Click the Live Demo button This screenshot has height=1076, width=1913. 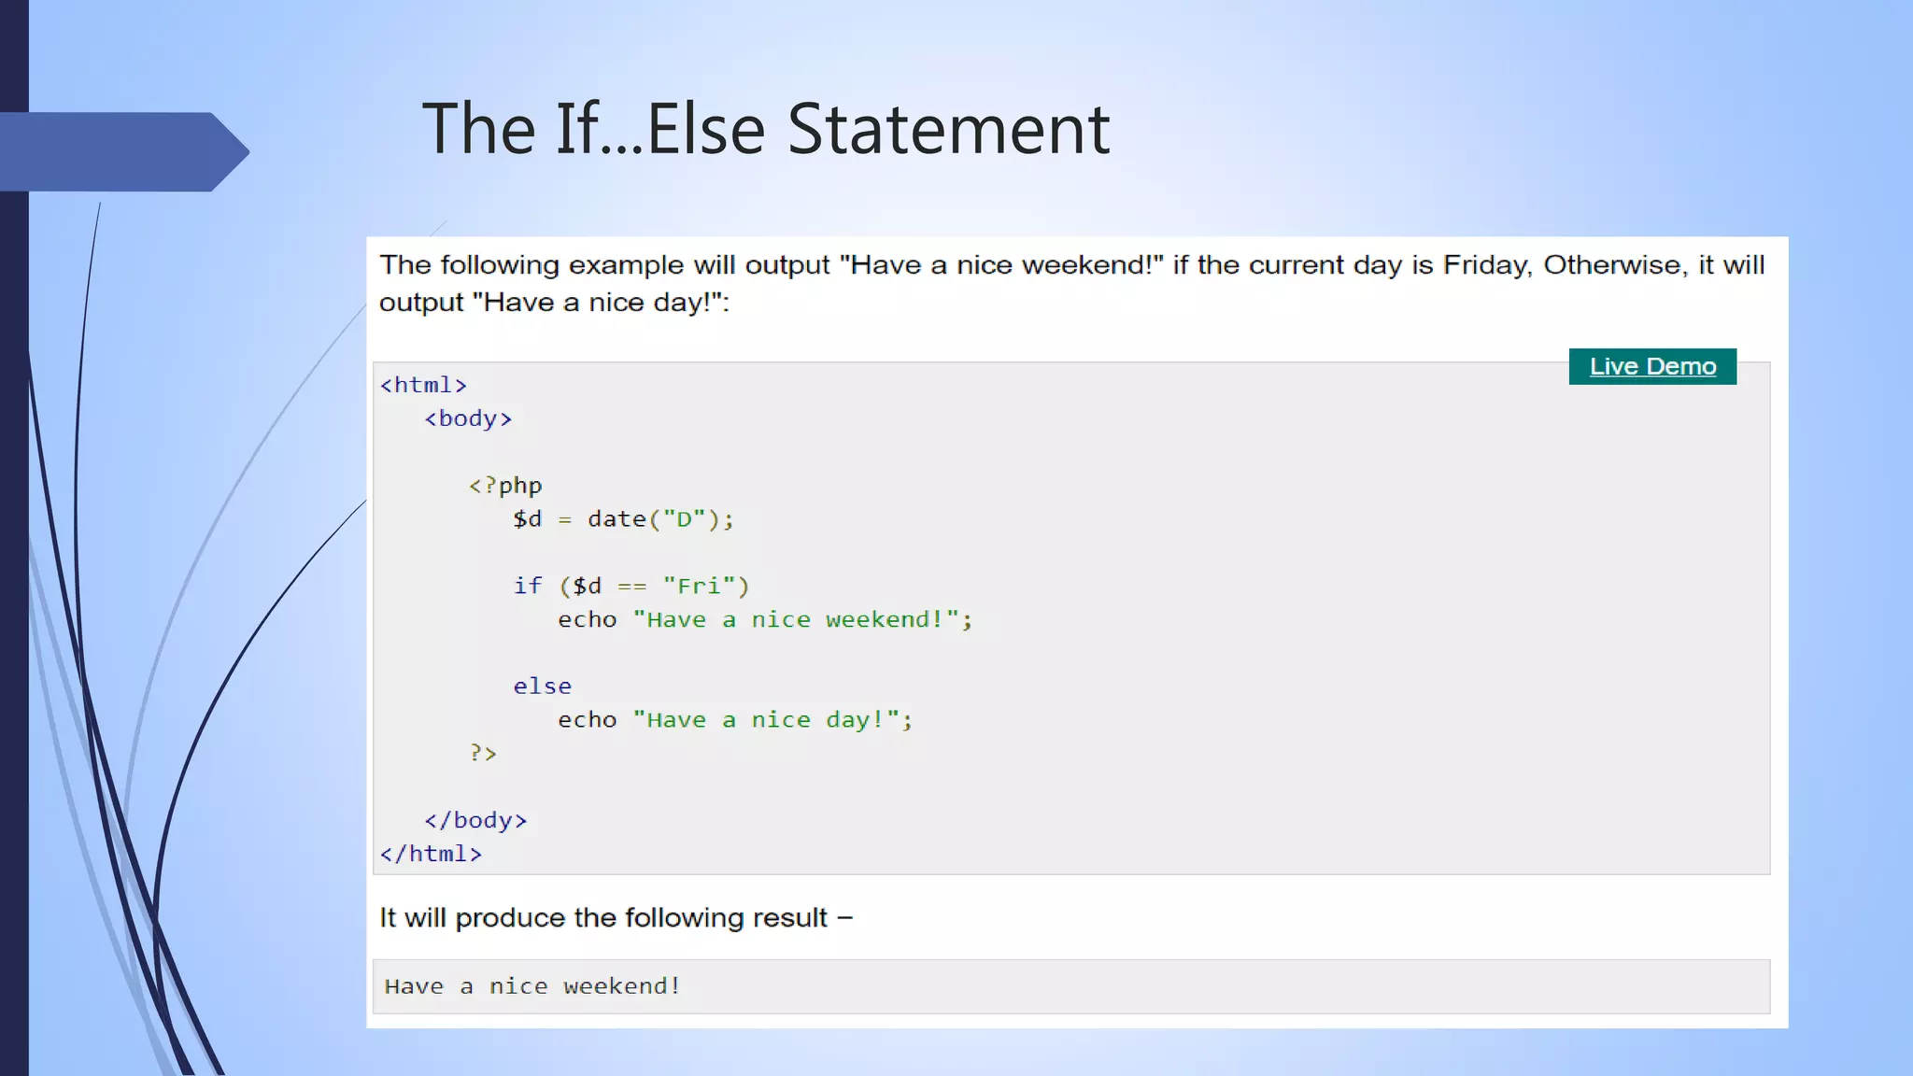pos(1652,366)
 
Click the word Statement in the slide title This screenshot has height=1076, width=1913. pos(948,129)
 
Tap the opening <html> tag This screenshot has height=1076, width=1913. pos(423,385)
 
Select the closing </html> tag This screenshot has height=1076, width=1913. pos(431,854)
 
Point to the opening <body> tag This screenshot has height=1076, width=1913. pos(468,418)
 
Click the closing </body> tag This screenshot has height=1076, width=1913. pos(475,820)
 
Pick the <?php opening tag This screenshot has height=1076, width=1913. pos(505,486)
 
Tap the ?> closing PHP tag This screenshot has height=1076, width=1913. pos(483,753)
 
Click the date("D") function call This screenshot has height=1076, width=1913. pos(659,519)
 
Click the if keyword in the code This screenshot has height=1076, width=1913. pos(527,587)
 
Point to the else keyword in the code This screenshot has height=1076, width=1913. pos(542,687)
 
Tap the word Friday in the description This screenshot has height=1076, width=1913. pos(1486,265)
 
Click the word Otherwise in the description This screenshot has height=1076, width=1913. pos(1615,265)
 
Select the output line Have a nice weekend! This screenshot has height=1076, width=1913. pos(532,986)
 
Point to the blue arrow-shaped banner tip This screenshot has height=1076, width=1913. pos(229,151)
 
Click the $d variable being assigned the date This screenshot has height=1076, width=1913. pos(527,519)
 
